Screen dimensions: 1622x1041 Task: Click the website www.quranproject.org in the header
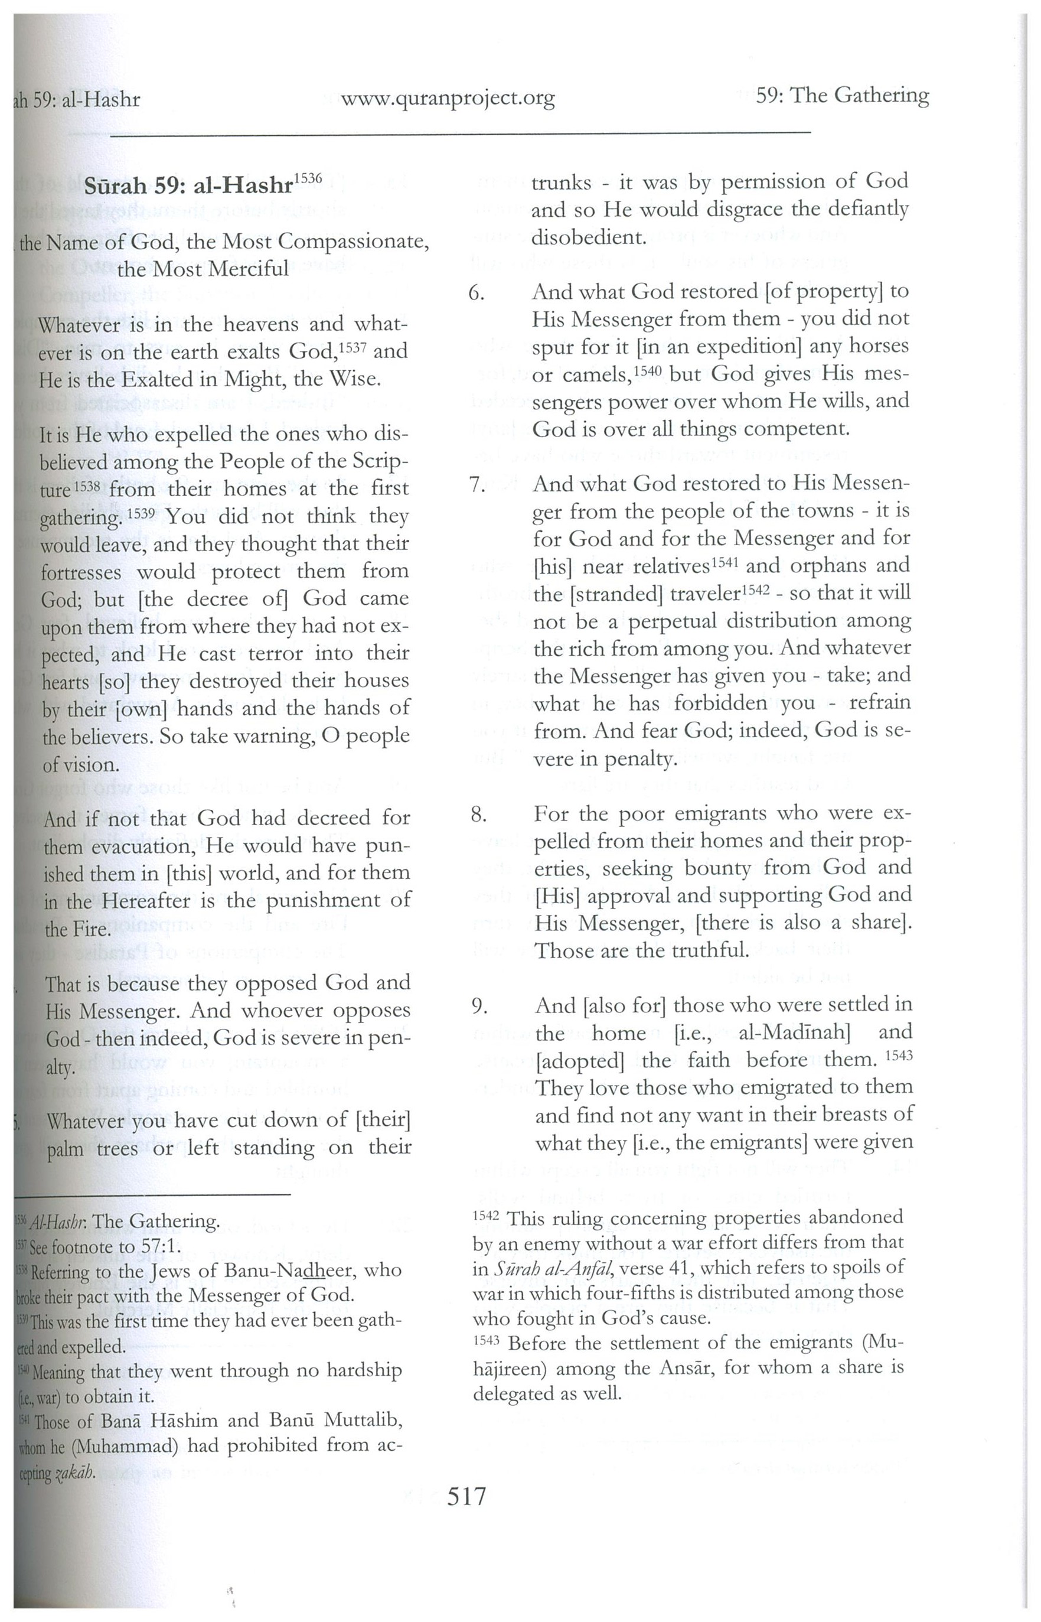coord(448,99)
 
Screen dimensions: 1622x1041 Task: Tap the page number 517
coord(466,1496)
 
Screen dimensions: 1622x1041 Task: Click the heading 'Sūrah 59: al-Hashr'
coord(193,187)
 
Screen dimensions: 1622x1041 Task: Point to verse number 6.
coord(477,294)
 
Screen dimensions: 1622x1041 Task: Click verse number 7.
coord(477,485)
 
